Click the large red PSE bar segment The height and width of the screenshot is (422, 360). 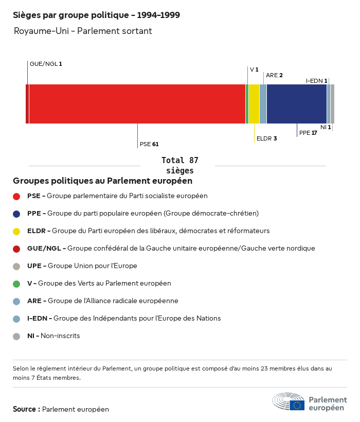[137, 104]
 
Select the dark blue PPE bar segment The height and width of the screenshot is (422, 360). [297, 104]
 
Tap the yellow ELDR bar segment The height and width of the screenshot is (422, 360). [254, 104]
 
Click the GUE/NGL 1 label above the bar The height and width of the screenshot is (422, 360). [46, 64]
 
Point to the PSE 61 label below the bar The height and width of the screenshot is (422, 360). [149, 144]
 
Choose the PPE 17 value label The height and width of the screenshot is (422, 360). [308, 133]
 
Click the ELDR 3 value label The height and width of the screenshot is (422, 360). [266, 138]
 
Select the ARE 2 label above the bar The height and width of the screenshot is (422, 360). [274, 75]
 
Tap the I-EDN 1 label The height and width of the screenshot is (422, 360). [317, 81]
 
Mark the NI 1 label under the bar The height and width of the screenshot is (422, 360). [326, 127]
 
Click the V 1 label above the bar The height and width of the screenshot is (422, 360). [254, 69]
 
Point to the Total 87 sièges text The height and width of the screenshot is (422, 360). [179, 165]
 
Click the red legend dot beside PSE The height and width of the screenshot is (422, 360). [16, 196]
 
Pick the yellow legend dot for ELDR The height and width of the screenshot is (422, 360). [16, 231]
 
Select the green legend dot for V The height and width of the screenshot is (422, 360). [16, 284]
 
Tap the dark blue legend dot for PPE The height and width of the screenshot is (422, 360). [16, 214]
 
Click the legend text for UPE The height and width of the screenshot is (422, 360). [82, 266]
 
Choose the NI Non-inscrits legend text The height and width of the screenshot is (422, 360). [53, 336]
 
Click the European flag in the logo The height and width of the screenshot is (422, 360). [297, 405]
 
